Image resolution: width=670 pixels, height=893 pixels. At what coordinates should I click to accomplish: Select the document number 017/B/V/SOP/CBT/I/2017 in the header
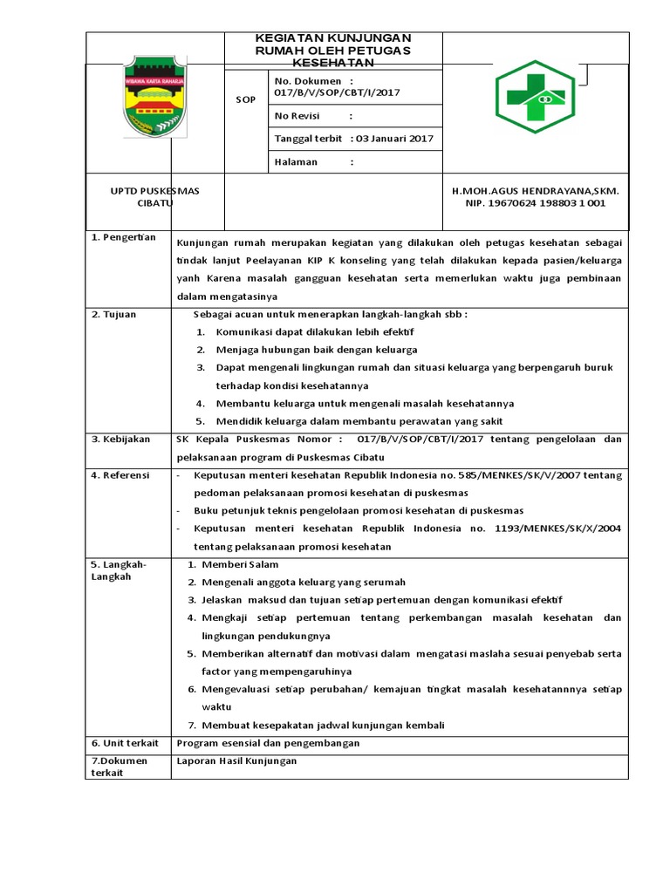tap(337, 92)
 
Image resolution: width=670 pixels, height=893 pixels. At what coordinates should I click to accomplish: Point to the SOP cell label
tap(246, 99)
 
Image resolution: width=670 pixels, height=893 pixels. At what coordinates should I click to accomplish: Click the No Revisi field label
tap(297, 116)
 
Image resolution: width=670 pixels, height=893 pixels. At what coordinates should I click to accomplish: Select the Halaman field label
tap(296, 162)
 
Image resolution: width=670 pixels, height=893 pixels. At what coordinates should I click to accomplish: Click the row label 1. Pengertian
tap(123, 237)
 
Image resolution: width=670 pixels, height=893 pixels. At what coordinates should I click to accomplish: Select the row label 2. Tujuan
tap(113, 314)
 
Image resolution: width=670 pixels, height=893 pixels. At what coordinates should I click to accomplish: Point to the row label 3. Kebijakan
tap(120, 439)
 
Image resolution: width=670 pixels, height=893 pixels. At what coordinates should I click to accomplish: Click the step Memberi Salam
tap(240, 565)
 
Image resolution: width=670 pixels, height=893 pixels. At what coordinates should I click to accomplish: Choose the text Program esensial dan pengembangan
tap(268, 743)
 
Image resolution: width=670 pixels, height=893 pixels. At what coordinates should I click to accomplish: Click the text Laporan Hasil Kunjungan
tap(236, 760)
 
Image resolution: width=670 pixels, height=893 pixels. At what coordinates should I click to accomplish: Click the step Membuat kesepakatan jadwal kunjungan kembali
tap(323, 725)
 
